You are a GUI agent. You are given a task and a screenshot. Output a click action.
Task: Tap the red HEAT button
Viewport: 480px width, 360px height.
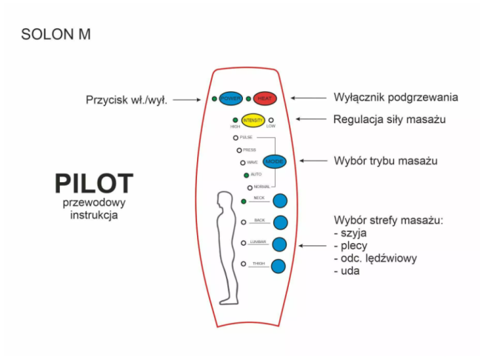pyautogui.click(x=264, y=99)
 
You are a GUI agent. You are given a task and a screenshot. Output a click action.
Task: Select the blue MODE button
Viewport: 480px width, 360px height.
pyautogui.click(x=275, y=161)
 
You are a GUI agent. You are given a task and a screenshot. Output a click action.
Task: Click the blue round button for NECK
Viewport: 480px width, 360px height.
pyautogui.click(x=280, y=200)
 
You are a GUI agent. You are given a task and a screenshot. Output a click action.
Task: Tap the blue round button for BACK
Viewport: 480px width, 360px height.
pyautogui.click(x=280, y=222)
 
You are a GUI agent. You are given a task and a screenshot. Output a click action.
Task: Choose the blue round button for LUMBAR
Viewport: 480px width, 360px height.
pyautogui.click(x=280, y=244)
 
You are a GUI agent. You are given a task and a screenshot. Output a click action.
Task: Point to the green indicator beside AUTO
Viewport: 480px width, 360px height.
pyautogui.click(x=246, y=175)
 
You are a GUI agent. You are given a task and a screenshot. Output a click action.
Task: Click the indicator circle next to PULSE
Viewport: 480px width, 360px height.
pyautogui.click(x=236, y=138)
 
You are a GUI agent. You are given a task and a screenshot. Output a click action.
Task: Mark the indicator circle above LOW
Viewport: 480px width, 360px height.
pyautogui.click(x=271, y=119)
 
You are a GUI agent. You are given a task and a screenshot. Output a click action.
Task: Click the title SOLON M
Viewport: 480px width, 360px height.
pyautogui.click(x=56, y=34)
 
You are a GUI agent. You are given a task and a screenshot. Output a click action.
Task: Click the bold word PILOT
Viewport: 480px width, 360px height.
pyautogui.click(x=94, y=184)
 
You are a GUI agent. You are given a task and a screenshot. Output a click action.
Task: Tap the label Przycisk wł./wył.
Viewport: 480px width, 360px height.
pyautogui.click(x=127, y=99)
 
